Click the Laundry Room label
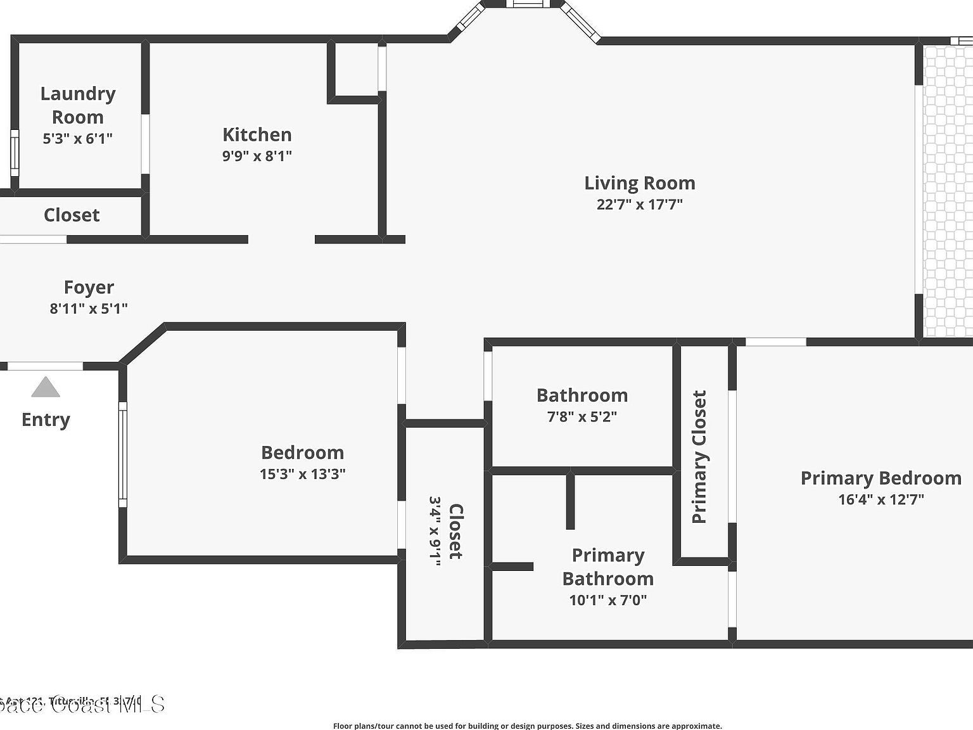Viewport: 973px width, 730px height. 78,105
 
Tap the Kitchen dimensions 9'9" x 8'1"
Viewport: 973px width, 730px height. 257,156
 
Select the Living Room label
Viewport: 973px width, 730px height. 639,183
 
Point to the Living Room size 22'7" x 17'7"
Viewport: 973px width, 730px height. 639,204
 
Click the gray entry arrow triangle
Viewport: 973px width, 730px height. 46,387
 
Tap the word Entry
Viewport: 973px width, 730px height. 46,419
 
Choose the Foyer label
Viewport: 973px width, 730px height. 89,287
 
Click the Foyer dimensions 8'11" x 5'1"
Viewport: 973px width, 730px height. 89,309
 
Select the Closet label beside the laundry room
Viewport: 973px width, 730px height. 72,215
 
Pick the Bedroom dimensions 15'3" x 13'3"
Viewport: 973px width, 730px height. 302,474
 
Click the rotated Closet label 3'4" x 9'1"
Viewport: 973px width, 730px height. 446,531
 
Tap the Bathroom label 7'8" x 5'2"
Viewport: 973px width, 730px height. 582,405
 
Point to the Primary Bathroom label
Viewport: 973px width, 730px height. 607,567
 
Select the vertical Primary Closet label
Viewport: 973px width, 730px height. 699,457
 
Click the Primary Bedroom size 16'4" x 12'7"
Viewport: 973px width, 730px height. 881,499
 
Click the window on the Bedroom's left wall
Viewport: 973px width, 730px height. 123,454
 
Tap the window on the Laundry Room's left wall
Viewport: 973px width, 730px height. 15,153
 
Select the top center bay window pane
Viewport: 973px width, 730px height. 528,4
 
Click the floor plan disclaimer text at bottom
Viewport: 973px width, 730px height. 527,726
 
